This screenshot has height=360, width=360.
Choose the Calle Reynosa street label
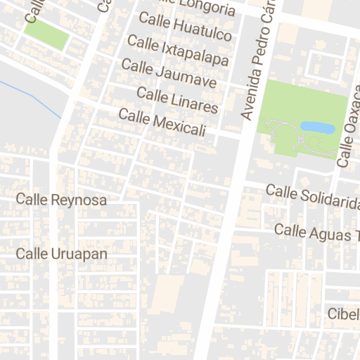point(62,200)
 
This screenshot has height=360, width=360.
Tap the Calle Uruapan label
point(62,253)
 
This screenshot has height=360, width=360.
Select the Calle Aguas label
point(316,232)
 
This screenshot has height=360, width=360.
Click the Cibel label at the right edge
point(343,314)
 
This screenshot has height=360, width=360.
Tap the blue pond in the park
point(317,127)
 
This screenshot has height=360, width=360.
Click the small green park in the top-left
point(47,34)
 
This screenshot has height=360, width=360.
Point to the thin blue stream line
point(32,97)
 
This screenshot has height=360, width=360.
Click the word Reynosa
point(79,200)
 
